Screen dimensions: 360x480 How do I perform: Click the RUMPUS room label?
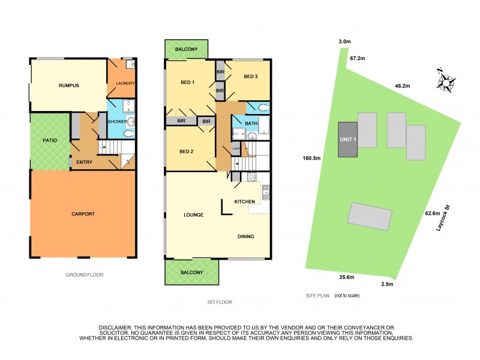coord(69,85)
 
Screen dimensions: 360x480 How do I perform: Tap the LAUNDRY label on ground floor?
coord(122,83)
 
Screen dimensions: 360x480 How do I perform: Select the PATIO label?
coord(50,140)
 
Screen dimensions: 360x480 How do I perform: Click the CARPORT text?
coord(83,213)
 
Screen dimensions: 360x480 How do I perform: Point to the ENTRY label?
coord(84,161)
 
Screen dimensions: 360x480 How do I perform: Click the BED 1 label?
coord(189,82)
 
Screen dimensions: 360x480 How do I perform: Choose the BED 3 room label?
coord(251,77)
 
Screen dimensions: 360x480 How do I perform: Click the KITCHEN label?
coord(245,201)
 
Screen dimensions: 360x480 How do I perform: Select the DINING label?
coord(245,236)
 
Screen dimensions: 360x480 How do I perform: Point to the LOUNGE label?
coord(194,214)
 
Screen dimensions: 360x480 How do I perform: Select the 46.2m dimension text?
coord(401,86)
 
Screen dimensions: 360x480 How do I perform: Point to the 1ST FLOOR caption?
coord(219,302)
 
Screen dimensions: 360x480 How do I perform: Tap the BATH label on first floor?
coord(251,124)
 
